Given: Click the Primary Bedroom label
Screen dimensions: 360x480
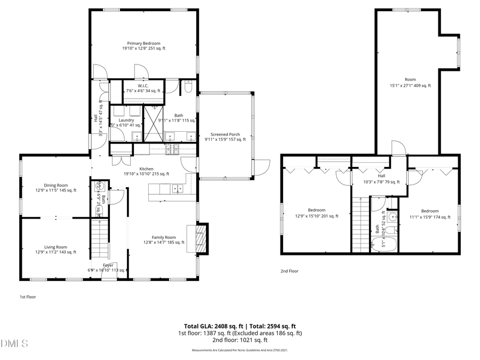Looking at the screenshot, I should [143, 46].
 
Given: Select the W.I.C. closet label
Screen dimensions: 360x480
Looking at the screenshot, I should [143, 88].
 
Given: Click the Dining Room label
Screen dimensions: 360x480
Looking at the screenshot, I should [55, 187].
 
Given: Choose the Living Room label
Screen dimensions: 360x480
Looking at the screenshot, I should [55, 250].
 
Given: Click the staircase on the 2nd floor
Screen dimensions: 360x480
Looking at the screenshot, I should [361, 224].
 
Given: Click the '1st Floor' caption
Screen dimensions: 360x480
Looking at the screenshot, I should [28, 297].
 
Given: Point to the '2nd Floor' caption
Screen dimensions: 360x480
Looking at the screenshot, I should [290, 271].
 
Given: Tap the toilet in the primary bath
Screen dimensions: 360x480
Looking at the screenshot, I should [188, 87].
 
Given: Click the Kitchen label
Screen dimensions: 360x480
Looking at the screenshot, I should [146, 171].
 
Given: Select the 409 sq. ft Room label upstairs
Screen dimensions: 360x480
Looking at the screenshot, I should [410, 82].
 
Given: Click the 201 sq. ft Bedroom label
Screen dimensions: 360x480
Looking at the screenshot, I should [316, 213].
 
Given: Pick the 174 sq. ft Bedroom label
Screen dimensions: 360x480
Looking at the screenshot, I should [429, 213].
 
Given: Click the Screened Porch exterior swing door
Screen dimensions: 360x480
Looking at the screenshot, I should [262, 169].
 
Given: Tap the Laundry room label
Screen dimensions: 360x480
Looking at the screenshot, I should [126, 123].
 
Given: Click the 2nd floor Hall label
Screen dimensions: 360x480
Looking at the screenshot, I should [381, 178].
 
